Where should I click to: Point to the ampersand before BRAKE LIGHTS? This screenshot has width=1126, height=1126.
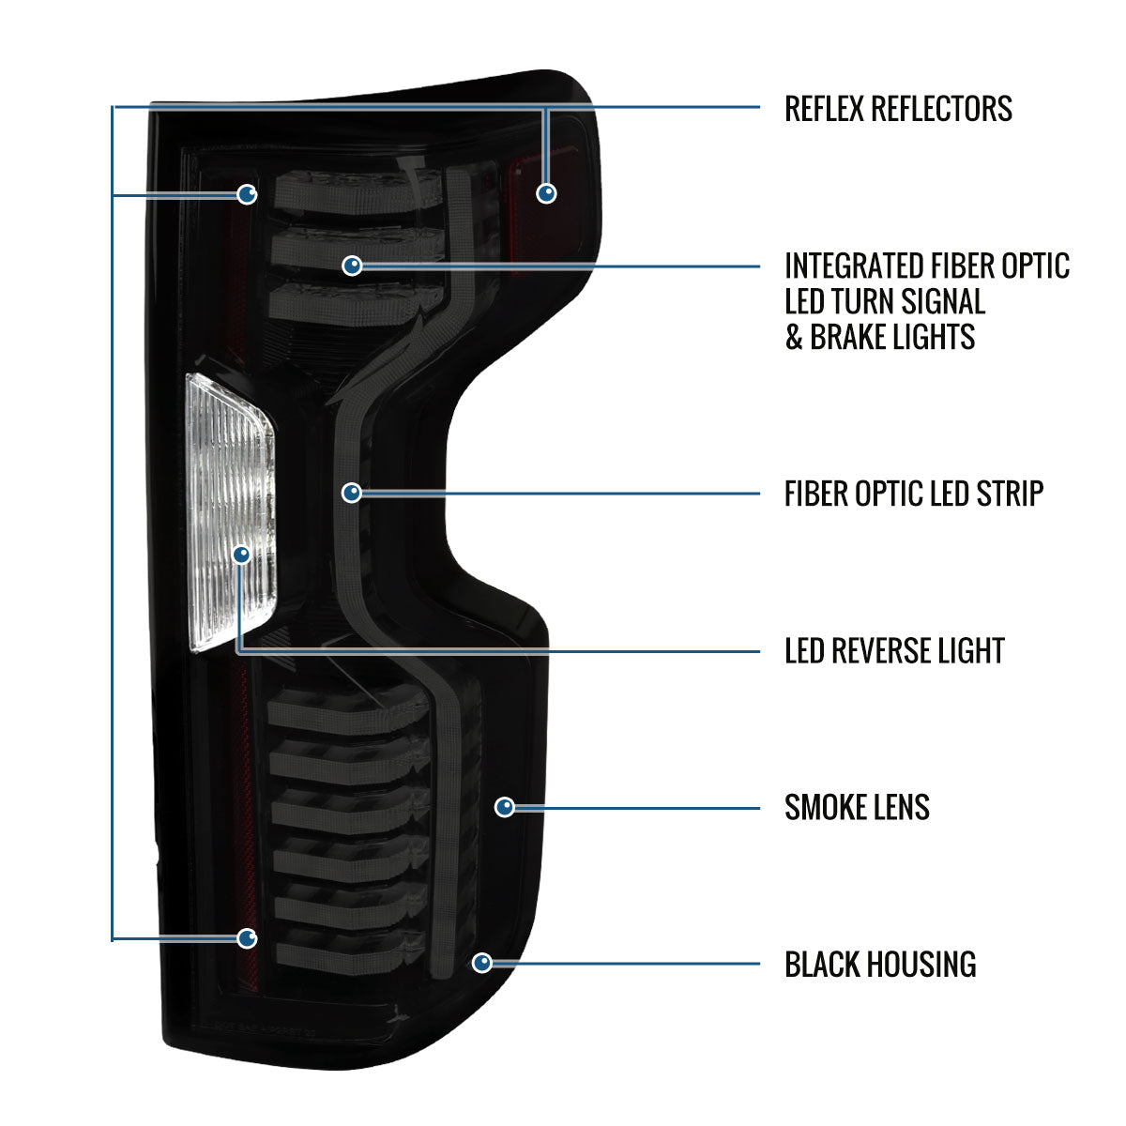pos(794,337)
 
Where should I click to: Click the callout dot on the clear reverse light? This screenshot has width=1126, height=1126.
pos(242,554)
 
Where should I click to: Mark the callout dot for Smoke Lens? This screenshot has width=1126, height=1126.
pos(504,807)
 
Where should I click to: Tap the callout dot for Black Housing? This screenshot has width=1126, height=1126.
pos(482,963)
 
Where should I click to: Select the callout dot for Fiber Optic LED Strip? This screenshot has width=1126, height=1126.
pos(352,493)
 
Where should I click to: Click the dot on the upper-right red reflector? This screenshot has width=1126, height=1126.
pos(546,193)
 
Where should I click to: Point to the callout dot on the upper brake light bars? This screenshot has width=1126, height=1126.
pos(353,266)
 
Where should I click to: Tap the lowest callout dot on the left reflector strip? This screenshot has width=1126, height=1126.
pos(247,938)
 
